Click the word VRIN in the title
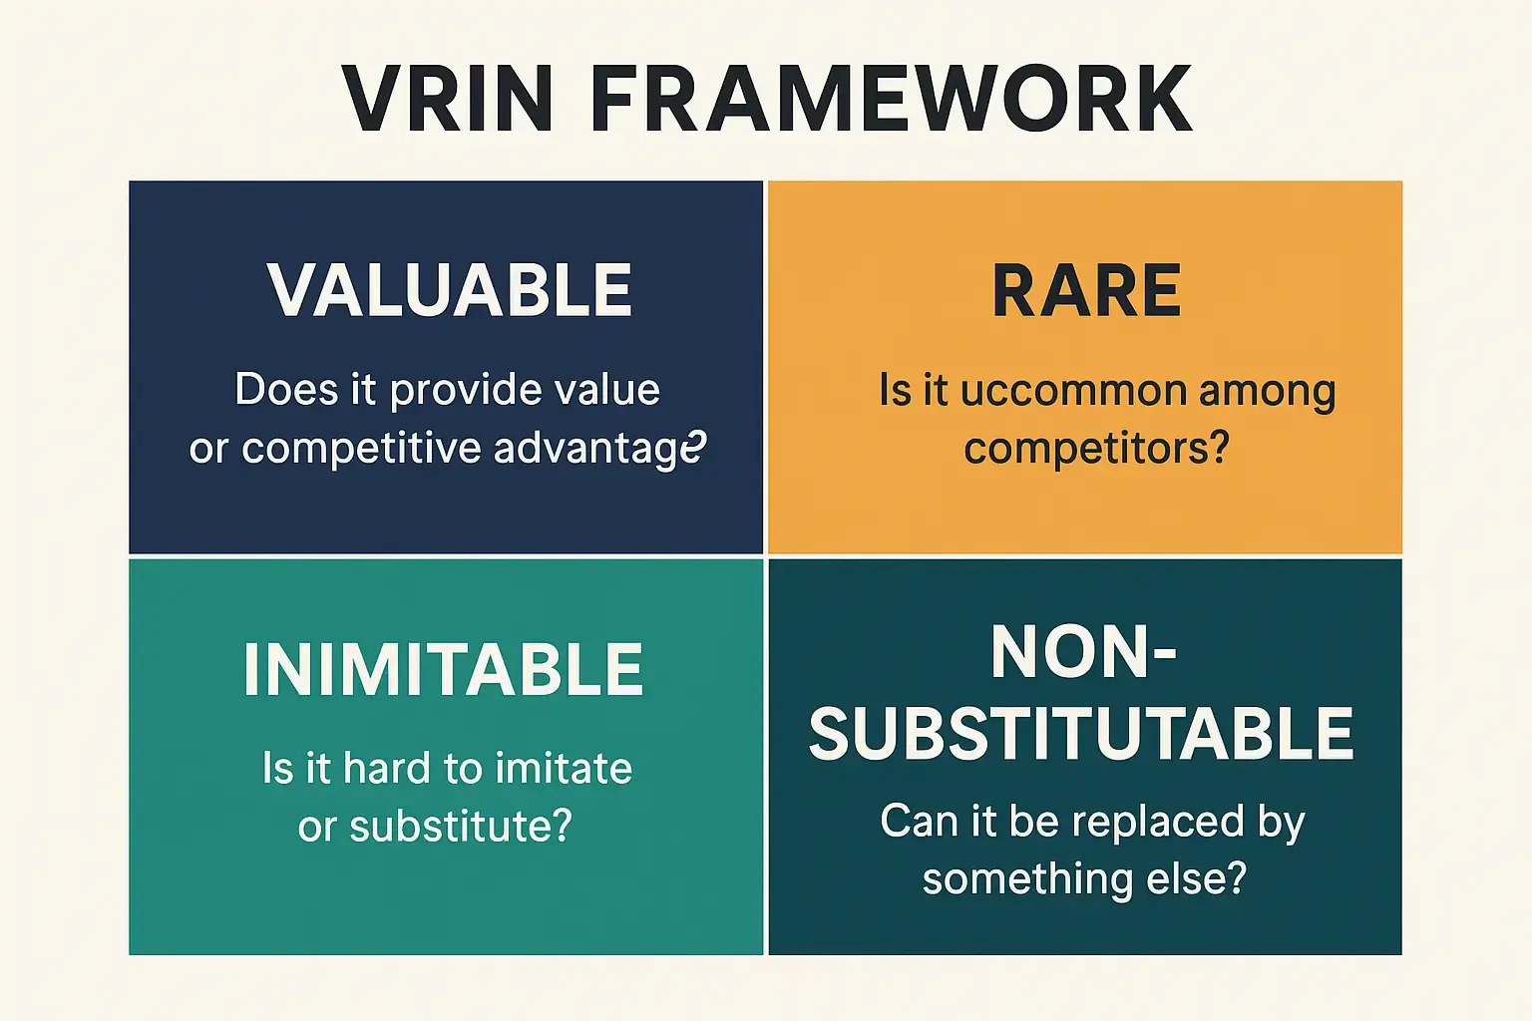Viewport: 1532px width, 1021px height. point(448,99)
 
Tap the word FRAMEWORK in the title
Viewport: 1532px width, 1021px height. point(891,99)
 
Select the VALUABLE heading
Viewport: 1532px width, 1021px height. point(450,290)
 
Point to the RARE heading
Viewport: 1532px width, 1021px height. point(1086,290)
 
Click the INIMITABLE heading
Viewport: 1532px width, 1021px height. point(444,669)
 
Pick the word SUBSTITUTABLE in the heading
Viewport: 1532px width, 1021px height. point(1081,734)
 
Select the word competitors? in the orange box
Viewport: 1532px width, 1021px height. point(1096,448)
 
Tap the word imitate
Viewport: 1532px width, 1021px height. point(564,769)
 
